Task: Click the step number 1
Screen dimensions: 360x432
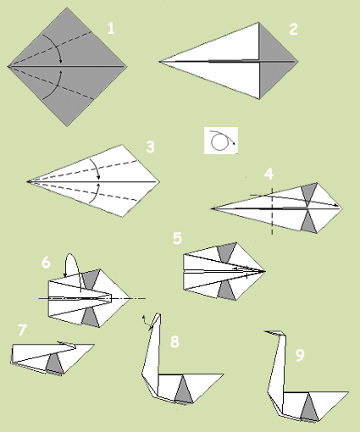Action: (x=111, y=29)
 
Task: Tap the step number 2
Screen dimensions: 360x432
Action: (x=294, y=29)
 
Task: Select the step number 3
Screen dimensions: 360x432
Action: (x=150, y=147)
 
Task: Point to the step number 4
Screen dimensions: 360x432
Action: (x=269, y=174)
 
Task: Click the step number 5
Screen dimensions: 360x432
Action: (x=177, y=238)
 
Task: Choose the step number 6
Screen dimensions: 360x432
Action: (x=46, y=263)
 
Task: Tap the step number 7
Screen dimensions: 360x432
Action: (x=22, y=330)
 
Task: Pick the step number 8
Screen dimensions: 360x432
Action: (x=174, y=341)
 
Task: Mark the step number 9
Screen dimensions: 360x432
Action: (x=300, y=355)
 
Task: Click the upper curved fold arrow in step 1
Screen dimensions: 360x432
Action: (x=56, y=45)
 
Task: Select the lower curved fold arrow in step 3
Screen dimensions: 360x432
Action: (x=97, y=192)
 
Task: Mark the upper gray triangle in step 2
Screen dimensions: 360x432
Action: (x=272, y=48)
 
